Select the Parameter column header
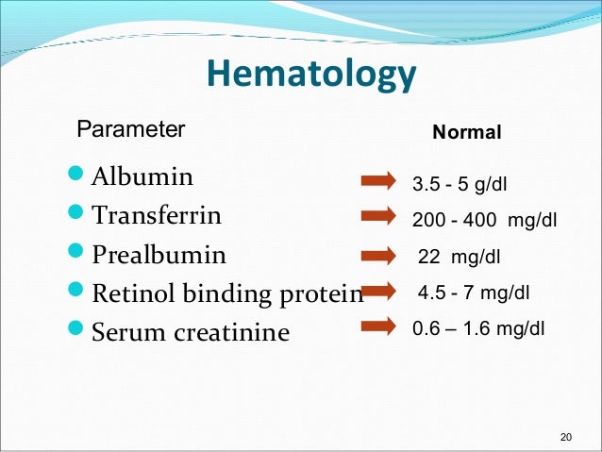[x=130, y=129]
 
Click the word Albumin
[x=142, y=176]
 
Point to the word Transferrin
[x=157, y=215]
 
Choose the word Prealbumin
[x=159, y=255]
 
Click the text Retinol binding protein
[x=226, y=294]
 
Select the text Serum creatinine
[x=191, y=332]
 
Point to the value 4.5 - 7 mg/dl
[x=474, y=294]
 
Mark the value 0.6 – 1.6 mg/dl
[x=478, y=329]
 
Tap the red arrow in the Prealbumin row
[x=379, y=256]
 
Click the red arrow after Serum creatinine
[x=379, y=328]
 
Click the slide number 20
[x=566, y=436]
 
